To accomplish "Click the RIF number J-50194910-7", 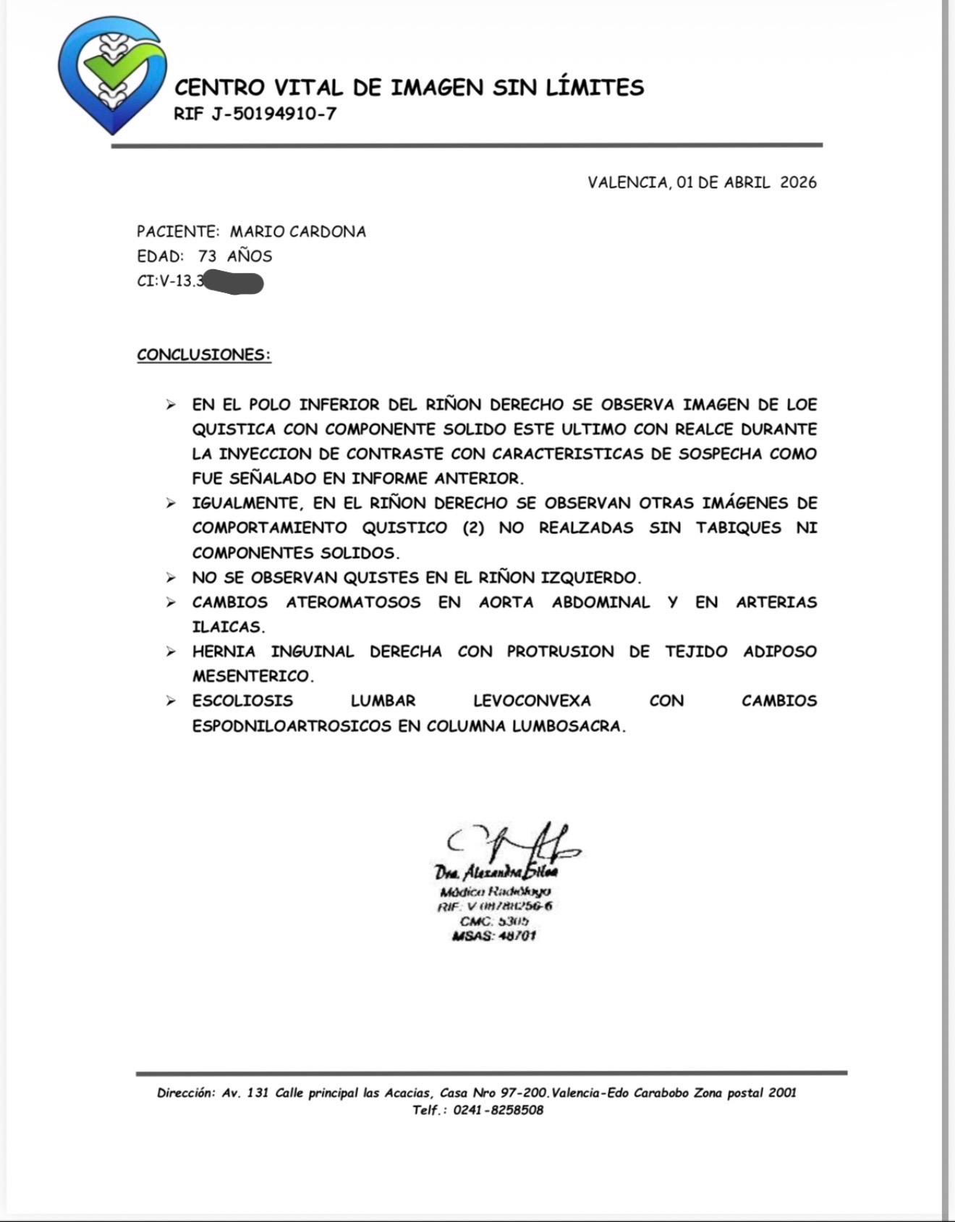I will coord(275,114).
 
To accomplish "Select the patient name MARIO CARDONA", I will coord(298,232).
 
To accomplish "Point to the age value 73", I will coord(207,256).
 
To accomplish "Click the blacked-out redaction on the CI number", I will coord(233,282).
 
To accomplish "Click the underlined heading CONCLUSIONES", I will coord(204,355).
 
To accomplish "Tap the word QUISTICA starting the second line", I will coord(234,429).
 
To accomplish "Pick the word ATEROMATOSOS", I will coord(353,602).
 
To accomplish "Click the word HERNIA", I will coord(224,652).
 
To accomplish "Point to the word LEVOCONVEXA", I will coord(532,701).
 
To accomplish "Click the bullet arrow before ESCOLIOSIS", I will coord(171,701).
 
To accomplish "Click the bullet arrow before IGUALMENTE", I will coord(171,503).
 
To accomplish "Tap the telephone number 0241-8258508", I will coord(498,1111).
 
